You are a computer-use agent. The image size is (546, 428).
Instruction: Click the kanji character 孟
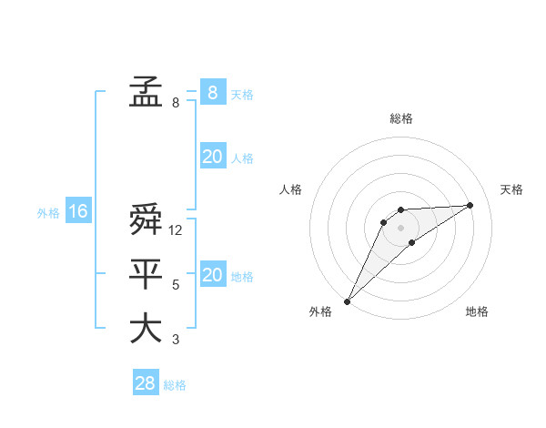(146, 92)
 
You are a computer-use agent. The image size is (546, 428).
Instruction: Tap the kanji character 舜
(146, 221)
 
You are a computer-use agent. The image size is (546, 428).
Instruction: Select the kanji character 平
(146, 274)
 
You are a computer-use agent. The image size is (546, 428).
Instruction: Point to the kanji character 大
(146, 328)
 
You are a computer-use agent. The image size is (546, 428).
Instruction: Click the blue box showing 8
(212, 92)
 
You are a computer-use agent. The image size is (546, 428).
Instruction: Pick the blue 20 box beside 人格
(212, 157)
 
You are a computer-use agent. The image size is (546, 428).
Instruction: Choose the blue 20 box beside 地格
(212, 275)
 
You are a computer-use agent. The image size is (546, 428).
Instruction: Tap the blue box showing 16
(78, 211)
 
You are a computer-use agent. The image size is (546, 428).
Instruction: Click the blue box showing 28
(146, 383)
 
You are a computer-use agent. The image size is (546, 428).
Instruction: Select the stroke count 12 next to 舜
(176, 231)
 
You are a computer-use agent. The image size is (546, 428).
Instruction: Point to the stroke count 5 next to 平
(176, 285)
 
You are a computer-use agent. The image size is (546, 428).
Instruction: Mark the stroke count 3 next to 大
(176, 340)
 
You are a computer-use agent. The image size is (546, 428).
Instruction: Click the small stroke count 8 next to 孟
(176, 103)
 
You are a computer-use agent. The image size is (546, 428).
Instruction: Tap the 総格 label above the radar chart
(400, 118)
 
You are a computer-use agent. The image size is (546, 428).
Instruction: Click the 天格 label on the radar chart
(511, 189)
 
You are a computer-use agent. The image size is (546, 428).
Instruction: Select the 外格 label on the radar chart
(320, 312)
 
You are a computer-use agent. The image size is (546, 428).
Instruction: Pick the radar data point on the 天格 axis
(470, 205)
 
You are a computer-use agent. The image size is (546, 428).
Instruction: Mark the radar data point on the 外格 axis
(347, 301)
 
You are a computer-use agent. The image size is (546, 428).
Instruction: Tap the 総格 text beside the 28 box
(175, 385)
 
